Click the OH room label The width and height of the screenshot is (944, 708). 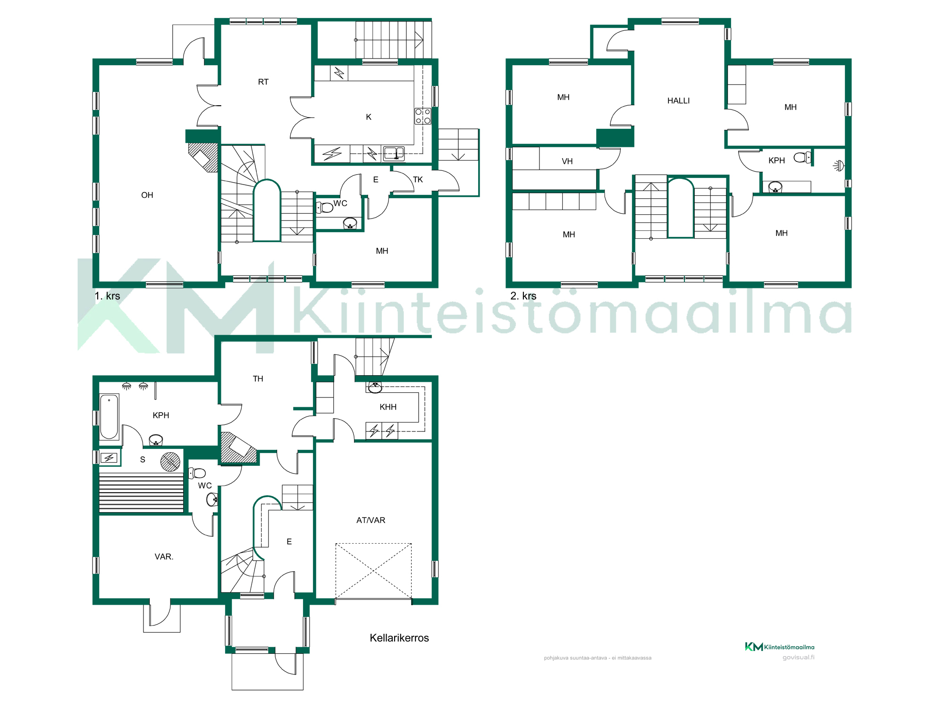point(147,195)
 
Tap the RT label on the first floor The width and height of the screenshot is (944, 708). point(263,82)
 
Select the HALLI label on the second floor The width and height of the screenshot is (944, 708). point(678,101)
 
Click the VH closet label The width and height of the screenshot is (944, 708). point(567,161)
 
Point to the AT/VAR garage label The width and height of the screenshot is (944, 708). point(371,520)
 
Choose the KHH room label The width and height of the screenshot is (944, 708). point(388,407)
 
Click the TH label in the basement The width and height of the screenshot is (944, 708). point(258,379)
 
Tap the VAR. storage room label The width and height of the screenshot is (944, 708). point(164,556)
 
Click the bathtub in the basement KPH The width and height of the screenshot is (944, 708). point(109,417)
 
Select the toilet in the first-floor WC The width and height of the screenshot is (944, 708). point(324,207)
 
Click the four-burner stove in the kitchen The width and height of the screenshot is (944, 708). point(422,116)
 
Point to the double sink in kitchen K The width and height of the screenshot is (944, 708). point(394,153)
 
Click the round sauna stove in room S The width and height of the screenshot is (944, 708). point(170,462)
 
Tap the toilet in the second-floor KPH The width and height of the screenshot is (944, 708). point(802,158)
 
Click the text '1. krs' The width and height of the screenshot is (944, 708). point(107,296)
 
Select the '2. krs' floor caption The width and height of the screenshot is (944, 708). point(523,296)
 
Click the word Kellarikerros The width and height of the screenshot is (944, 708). point(399,638)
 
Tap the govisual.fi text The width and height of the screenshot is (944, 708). point(798,657)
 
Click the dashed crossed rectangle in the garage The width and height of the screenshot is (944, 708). point(373,571)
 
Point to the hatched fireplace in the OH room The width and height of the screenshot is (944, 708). point(203,157)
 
